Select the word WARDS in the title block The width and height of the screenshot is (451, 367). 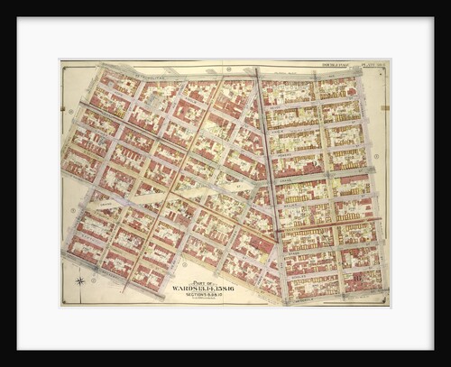(186, 288)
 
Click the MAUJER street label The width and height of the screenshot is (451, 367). (311, 200)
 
